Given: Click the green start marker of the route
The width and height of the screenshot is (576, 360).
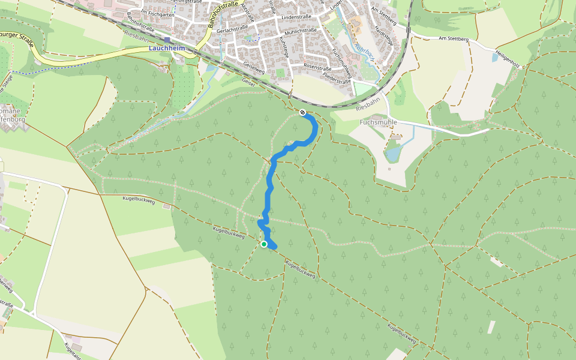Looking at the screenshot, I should [x=264, y=244].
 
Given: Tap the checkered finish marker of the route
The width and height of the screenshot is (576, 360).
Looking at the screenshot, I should [x=302, y=112].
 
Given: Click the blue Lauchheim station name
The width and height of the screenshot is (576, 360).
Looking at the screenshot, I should [x=166, y=47].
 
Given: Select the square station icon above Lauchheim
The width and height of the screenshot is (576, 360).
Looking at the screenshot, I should [x=167, y=40].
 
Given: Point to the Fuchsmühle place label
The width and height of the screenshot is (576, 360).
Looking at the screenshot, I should [x=378, y=122].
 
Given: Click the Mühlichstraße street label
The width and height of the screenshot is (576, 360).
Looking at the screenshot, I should [x=301, y=30].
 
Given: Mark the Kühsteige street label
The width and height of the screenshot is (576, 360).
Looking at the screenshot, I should [x=283, y=47].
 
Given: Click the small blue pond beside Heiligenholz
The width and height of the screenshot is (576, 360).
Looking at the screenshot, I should [x=494, y=58].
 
